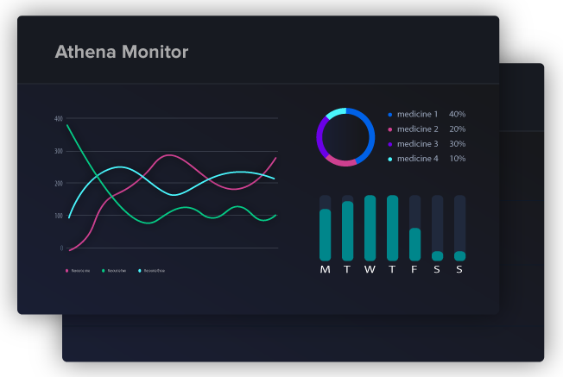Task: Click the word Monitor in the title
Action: tap(157, 53)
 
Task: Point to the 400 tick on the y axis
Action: tap(59, 118)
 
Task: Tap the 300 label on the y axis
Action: tap(59, 151)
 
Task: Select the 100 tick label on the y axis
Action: tap(59, 216)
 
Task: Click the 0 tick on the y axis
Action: tap(61, 248)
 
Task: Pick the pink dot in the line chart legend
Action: tap(67, 271)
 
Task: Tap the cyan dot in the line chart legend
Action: tap(140, 271)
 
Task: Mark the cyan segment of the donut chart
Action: tap(335, 112)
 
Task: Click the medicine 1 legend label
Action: tap(417, 114)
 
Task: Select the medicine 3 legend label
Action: tap(417, 144)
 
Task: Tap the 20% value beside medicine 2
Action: tap(457, 129)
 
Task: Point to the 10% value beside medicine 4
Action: tap(457, 159)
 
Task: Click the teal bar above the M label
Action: tap(326, 235)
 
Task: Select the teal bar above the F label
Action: tap(414, 244)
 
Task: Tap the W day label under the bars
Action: tap(370, 270)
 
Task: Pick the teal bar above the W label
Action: tap(370, 228)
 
